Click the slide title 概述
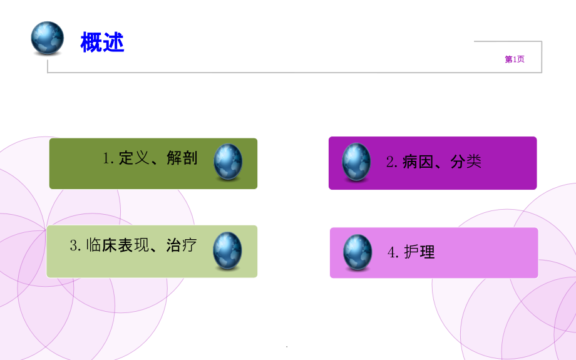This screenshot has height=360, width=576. (x=102, y=43)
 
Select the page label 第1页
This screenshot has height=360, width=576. (x=515, y=59)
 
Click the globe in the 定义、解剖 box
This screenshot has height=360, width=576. (x=228, y=162)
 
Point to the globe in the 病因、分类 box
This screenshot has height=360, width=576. (x=356, y=162)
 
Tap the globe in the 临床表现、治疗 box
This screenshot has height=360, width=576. (x=227, y=250)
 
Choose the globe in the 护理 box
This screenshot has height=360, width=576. (x=357, y=252)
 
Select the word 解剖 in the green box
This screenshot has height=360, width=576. (x=182, y=158)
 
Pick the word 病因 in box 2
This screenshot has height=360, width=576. (x=418, y=162)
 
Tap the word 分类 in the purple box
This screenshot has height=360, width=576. (x=466, y=162)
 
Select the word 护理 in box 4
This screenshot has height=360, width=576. (x=419, y=252)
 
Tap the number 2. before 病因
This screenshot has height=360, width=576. (x=392, y=163)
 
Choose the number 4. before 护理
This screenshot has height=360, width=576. (x=393, y=253)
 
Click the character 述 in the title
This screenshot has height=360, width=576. (x=113, y=43)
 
